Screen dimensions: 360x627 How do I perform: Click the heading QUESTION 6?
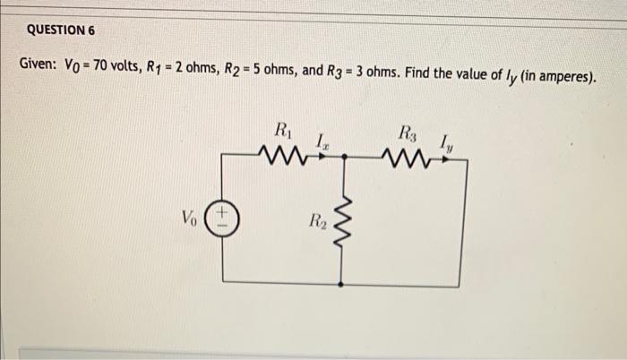point(60,30)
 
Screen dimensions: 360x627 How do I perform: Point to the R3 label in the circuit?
point(407,132)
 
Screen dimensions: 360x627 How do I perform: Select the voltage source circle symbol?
point(222,218)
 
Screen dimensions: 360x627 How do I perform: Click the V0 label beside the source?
point(189,218)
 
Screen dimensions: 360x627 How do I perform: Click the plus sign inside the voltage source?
point(222,212)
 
